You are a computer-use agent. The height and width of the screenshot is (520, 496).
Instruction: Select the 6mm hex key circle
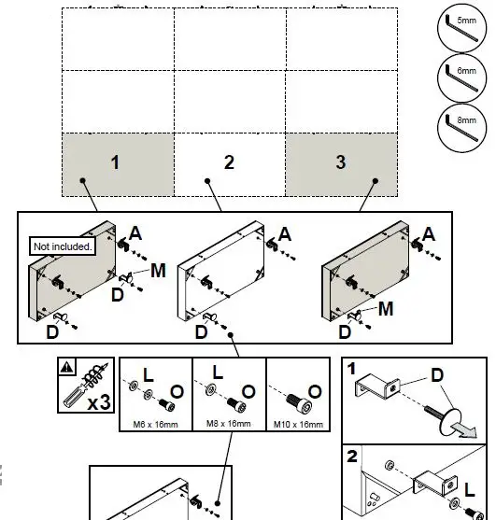460,79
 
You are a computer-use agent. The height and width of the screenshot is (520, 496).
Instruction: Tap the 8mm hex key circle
460,128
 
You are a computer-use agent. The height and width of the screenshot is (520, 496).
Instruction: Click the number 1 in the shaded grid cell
115,162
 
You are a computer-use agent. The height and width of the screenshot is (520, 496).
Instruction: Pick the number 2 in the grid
229,162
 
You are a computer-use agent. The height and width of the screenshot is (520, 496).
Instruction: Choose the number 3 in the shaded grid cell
340,162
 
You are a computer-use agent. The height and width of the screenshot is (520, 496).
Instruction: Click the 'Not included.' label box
64,246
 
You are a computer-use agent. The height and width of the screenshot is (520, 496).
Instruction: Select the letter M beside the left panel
158,270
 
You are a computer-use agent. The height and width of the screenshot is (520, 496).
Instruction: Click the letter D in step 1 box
435,375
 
